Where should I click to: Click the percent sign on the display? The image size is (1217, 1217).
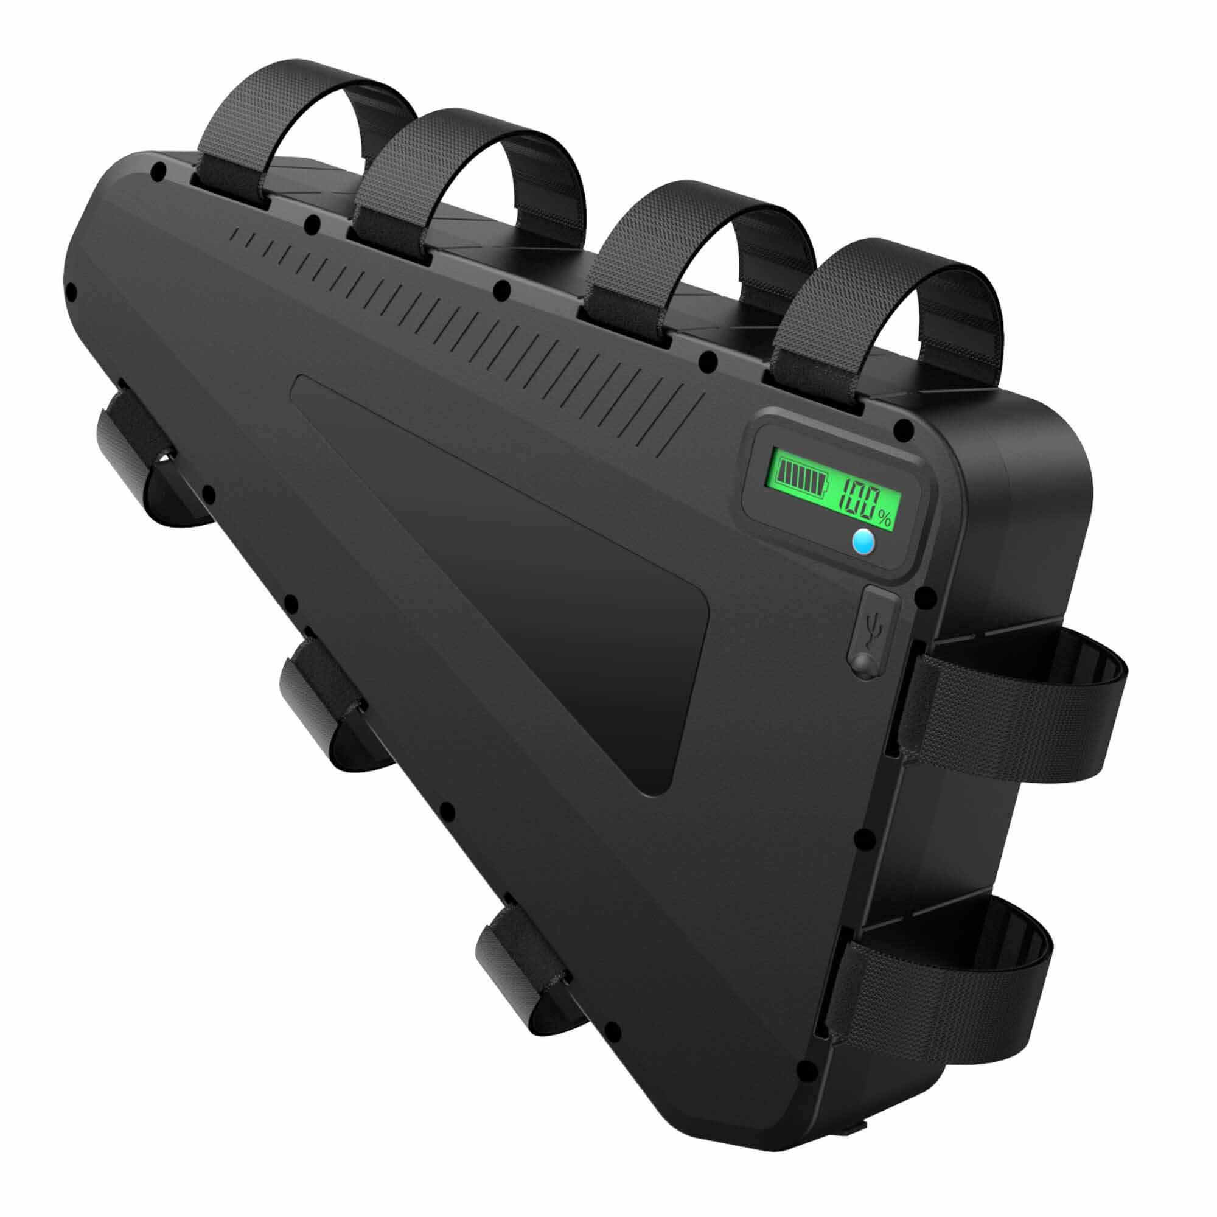(x=884, y=518)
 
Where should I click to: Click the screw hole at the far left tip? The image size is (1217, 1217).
(x=71, y=291)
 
